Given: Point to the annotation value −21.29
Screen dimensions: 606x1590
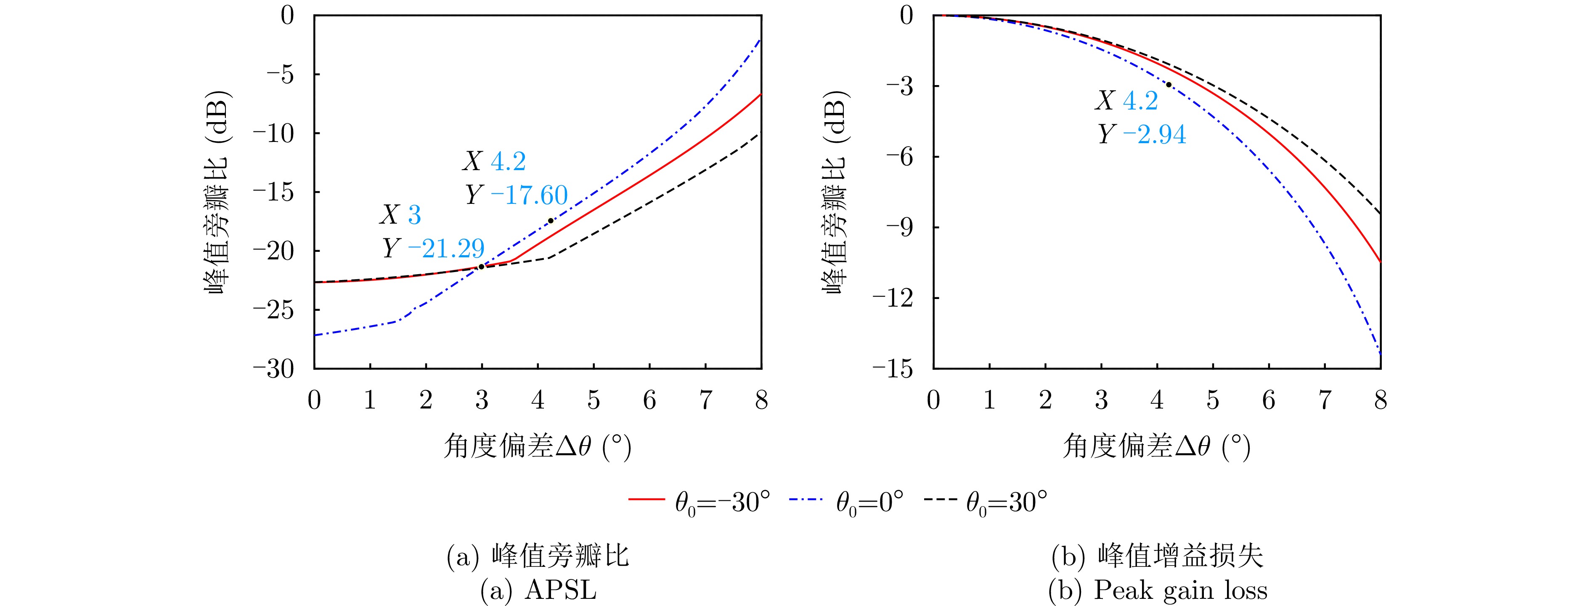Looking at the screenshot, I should (x=445, y=249).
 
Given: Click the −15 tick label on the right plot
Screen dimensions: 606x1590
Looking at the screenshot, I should (x=893, y=369).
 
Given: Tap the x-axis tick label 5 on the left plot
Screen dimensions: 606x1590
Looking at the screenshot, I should (x=593, y=400).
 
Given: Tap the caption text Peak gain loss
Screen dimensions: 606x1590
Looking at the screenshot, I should (x=1180, y=590).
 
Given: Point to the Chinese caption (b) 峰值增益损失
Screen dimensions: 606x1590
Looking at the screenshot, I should (x=1157, y=556).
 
